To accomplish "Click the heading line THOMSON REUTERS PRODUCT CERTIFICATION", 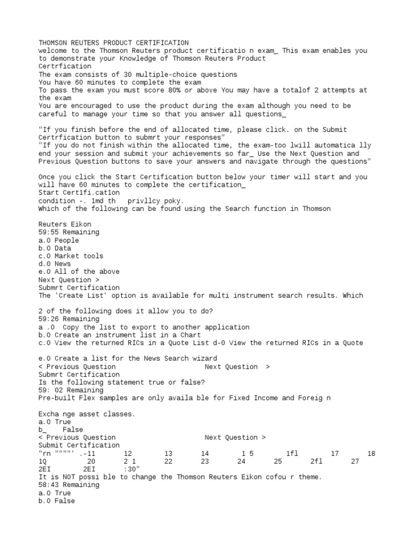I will click(x=114, y=43).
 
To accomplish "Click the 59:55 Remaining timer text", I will click(x=69, y=232).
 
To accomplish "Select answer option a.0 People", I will click(x=59, y=240).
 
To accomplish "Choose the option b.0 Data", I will click(x=55, y=248).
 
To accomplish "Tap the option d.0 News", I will click(x=55, y=264).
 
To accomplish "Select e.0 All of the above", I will click(x=79, y=272).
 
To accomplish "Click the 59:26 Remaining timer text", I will click(x=69, y=319).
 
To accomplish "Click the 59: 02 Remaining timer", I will click(x=71, y=390).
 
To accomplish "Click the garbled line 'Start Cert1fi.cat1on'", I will click(x=79, y=192).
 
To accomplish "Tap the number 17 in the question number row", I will click(x=335, y=454).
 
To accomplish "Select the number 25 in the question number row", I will click(x=278, y=461).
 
